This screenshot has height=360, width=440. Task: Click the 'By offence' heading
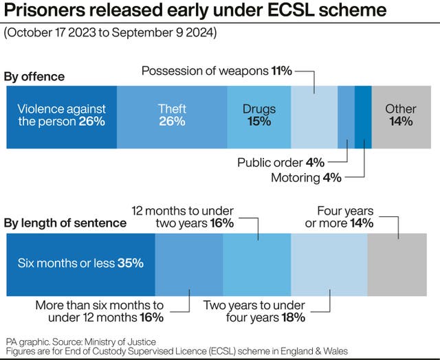click(34, 76)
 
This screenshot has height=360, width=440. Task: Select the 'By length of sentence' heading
click(65, 223)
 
